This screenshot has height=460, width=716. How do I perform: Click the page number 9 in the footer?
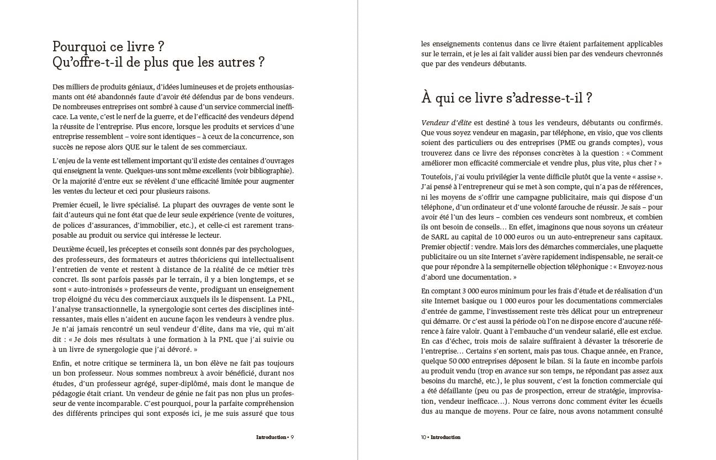[x=292, y=437]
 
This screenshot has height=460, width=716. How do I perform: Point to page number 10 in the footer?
[x=423, y=437]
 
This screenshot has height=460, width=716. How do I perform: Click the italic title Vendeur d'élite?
[x=446, y=122]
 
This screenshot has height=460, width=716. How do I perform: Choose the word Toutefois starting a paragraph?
[x=437, y=177]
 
